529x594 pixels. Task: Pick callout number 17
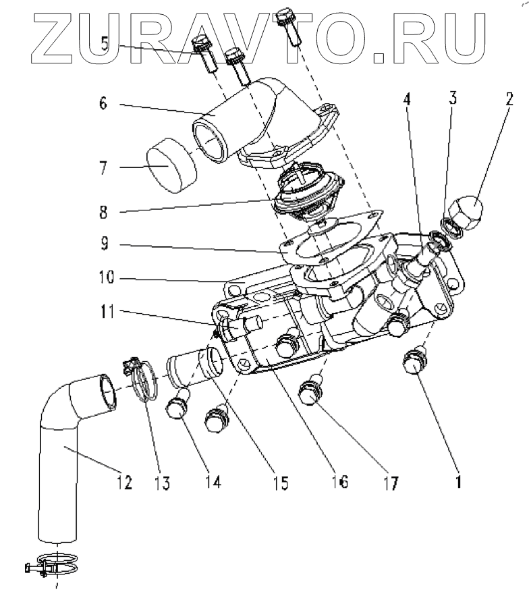pos(391,483)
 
